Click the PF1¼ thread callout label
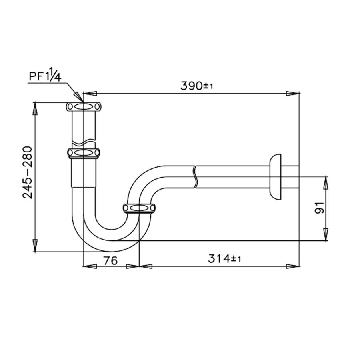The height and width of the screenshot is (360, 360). [x=44, y=76]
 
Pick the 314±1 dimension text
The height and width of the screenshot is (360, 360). [x=224, y=259]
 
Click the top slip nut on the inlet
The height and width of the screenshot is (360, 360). [x=84, y=107]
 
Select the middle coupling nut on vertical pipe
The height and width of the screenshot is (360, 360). [x=83, y=153]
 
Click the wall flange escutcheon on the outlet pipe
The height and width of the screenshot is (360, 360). [x=276, y=176]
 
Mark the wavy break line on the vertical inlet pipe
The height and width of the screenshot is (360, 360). [x=84, y=142]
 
